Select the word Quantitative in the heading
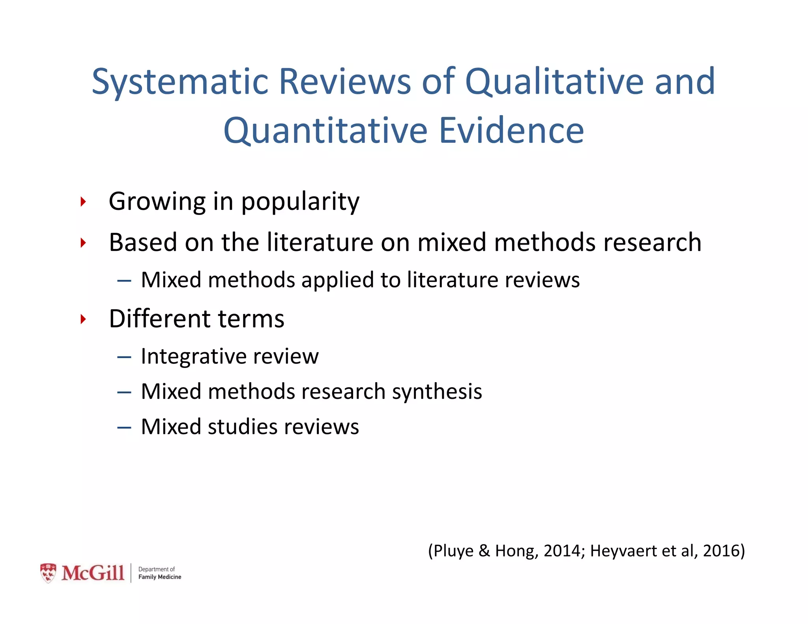(x=325, y=131)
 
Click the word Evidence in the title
(x=511, y=131)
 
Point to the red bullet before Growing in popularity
(x=83, y=202)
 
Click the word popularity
(x=300, y=202)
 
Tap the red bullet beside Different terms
(x=83, y=319)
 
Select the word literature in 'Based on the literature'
(x=320, y=242)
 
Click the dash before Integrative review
(x=124, y=357)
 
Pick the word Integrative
(x=194, y=357)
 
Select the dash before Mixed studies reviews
(x=124, y=428)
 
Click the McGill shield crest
(x=48, y=573)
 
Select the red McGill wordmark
(x=93, y=573)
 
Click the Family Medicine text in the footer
(x=160, y=577)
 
